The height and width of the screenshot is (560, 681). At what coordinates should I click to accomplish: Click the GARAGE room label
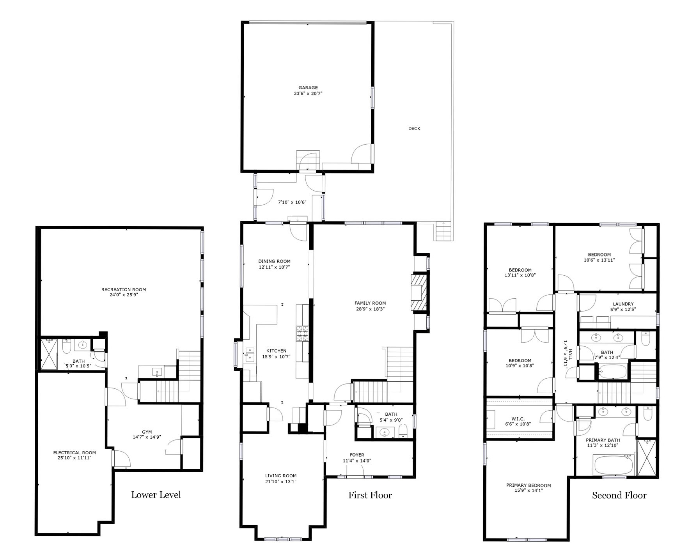click(308, 88)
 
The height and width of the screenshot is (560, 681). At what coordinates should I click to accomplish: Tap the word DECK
click(414, 128)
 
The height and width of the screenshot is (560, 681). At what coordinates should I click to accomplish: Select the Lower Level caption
click(156, 495)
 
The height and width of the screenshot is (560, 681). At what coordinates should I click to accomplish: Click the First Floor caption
click(370, 495)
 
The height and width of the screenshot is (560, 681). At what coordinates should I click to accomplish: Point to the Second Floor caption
click(619, 495)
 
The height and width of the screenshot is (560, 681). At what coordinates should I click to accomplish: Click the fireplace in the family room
click(419, 293)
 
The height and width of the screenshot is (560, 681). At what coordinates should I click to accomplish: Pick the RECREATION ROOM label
click(124, 289)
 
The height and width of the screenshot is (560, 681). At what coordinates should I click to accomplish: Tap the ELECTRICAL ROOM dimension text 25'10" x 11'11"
click(74, 458)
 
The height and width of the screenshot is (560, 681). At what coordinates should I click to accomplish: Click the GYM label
click(147, 432)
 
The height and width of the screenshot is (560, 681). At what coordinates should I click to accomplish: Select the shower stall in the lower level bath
click(50, 354)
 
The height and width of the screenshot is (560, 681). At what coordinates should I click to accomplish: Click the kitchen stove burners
click(302, 334)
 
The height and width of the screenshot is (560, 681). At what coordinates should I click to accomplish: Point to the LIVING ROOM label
click(281, 476)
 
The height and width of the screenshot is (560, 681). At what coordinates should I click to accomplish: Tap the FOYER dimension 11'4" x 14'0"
click(357, 461)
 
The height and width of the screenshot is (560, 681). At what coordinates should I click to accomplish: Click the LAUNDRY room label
click(623, 304)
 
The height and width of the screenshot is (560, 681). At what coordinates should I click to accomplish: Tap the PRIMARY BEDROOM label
click(528, 486)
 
